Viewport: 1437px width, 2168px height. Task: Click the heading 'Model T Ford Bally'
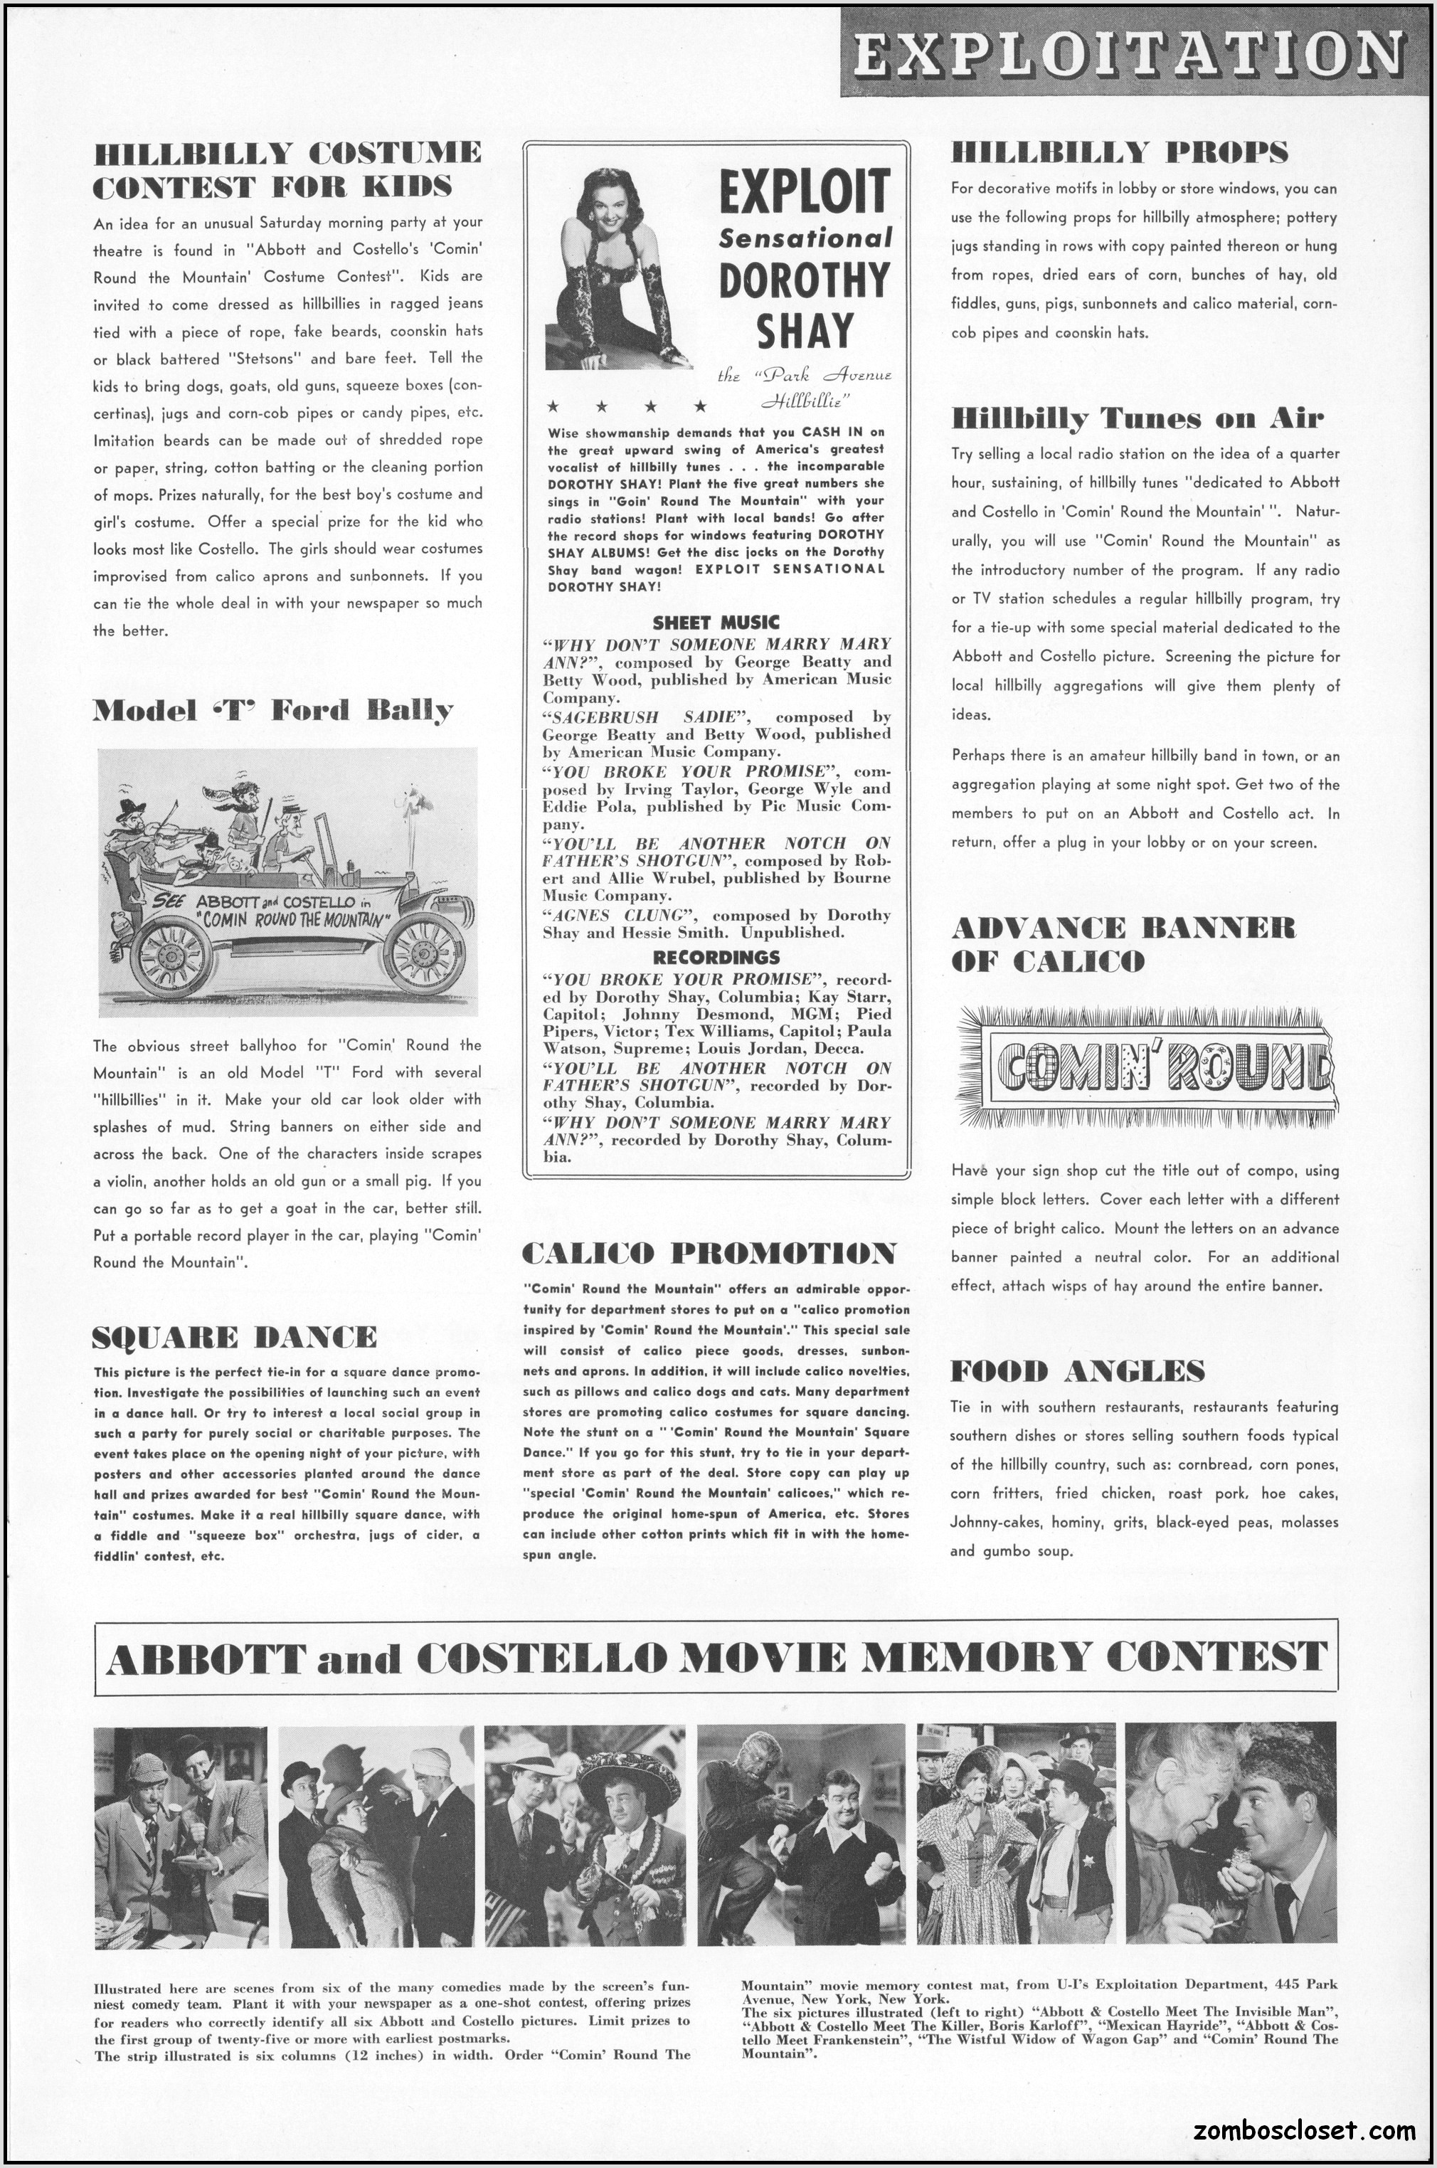tap(272, 710)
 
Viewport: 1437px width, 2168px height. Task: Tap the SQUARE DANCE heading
tap(235, 1338)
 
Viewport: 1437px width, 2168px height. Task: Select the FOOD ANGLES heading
tap(1077, 1371)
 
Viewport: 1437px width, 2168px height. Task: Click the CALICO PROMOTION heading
tap(709, 1253)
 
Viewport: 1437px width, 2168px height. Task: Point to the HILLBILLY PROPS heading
tap(1119, 152)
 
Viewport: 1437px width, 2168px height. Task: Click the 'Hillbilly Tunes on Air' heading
tap(1136, 419)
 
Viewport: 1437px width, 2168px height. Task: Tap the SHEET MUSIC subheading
tap(716, 623)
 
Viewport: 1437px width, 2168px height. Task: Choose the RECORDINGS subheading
tap(716, 957)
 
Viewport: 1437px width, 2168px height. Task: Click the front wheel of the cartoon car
tap(423, 955)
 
